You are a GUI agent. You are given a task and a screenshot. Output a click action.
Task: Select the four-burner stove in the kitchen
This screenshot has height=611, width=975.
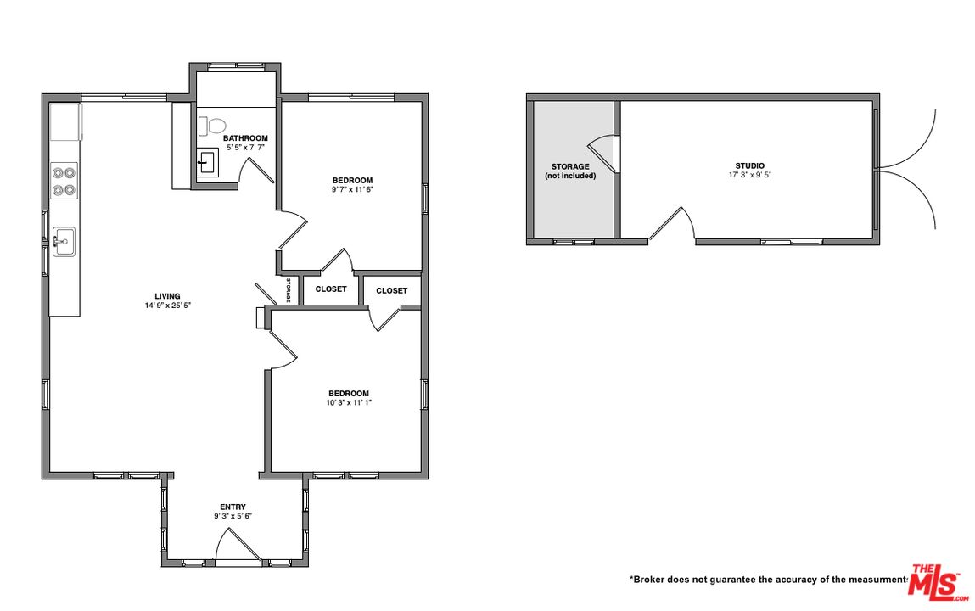pyautogui.click(x=64, y=181)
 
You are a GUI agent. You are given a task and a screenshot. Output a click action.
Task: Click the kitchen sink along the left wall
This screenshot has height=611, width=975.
pyautogui.click(x=64, y=241)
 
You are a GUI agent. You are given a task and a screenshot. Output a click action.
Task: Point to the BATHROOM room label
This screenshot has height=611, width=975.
pyautogui.click(x=245, y=138)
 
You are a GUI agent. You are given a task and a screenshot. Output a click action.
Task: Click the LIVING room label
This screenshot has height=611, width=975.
pyautogui.click(x=167, y=296)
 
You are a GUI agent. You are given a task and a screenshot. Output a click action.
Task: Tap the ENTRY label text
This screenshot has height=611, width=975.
pyautogui.click(x=233, y=507)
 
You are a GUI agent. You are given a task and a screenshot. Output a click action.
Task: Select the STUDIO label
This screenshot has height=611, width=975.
pyautogui.click(x=749, y=165)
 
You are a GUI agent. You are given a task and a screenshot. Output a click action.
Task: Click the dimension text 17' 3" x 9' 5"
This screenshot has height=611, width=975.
pyautogui.click(x=749, y=175)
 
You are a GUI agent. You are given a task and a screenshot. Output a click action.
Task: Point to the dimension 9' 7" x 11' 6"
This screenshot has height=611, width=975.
pyautogui.click(x=351, y=189)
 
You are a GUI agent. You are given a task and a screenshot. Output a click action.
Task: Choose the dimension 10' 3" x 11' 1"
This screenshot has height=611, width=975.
pyautogui.click(x=349, y=402)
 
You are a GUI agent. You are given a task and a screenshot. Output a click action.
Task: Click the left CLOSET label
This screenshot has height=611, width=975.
pyautogui.click(x=331, y=289)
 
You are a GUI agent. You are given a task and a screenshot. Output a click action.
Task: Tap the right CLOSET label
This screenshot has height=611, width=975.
pyautogui.click(x=391, y=290)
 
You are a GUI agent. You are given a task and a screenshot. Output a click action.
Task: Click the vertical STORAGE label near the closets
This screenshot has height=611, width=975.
pyautogui.click(x=289, y=291)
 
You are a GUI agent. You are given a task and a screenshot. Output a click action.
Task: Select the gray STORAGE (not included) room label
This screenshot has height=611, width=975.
pyautogui.click(x=570, y=171)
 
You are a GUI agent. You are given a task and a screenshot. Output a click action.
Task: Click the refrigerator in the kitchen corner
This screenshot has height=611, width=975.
pyautogui.click(x=64, y=123)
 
